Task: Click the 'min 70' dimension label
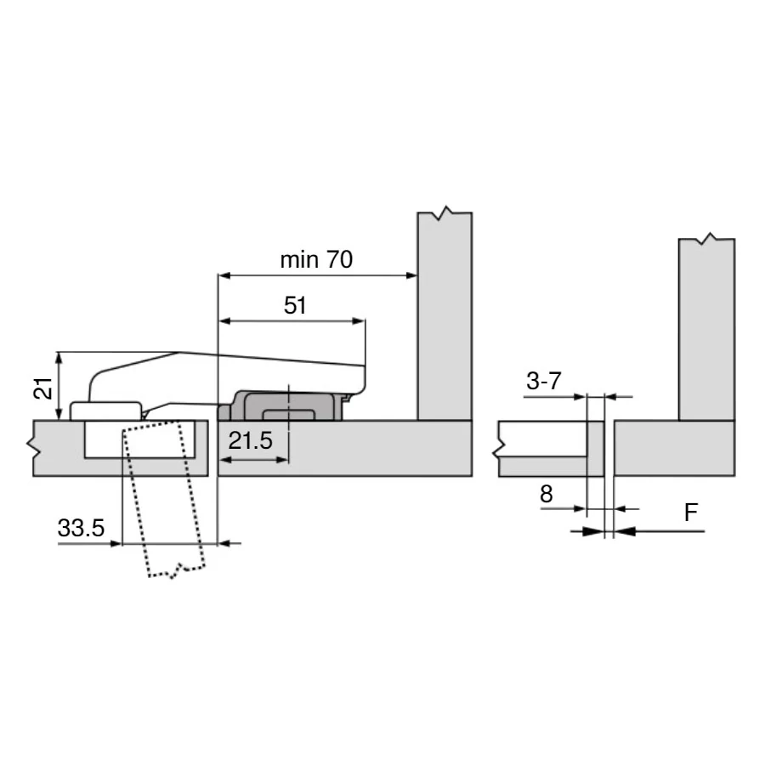pos(316,259)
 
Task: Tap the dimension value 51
pos(295,306)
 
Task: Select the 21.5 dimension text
pos(250,441)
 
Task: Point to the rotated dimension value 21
pos(43,388)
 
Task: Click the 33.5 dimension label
pos(81,528)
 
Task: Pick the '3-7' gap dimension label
pos(543,381)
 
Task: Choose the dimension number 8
pos(547,494)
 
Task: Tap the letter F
pos(691,513)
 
